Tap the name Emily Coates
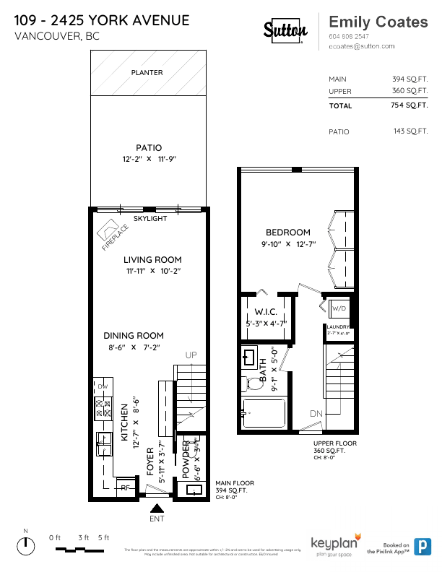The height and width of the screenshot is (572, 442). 378,22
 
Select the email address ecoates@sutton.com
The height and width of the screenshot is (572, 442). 361,45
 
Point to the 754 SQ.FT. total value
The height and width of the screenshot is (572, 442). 409,105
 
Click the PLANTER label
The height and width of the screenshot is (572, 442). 147,72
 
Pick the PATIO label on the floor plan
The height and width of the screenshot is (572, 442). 149,148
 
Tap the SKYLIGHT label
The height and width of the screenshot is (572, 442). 150,218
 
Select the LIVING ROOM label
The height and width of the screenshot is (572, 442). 152,260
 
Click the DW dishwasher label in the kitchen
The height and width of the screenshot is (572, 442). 102,387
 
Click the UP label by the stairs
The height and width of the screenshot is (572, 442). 191,355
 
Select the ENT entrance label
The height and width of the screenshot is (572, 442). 156,519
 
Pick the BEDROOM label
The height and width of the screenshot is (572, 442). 287,233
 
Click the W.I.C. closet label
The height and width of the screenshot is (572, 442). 267,312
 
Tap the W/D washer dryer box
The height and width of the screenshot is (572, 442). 338,309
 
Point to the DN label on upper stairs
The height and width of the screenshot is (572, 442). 316,413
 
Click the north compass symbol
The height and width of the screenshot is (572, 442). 26,547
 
